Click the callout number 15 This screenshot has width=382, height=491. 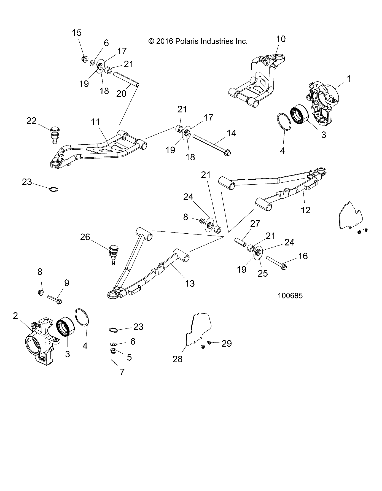(77, 33)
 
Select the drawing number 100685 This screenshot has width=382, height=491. (290, 296)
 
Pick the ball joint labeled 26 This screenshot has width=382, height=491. (114, 252)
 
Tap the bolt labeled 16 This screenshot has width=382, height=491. (276, 262)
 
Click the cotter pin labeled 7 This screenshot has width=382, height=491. (114, 362)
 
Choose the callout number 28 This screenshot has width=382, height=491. (178, 359)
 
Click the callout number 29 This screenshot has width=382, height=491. (227, 344)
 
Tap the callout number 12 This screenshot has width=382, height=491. (306, 210)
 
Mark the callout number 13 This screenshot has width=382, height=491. (190, 283)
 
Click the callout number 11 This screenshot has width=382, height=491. (96, 122)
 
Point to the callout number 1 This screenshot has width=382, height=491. (349, 79)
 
